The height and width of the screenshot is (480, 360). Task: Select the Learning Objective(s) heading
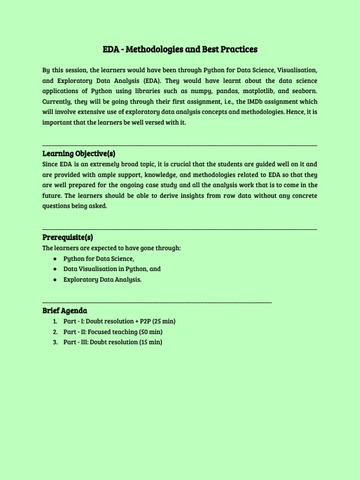79,154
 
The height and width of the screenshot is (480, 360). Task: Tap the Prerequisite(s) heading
71,237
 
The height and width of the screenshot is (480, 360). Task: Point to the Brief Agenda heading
65,311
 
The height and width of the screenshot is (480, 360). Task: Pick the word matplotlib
255,91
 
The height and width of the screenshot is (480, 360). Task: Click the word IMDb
255,102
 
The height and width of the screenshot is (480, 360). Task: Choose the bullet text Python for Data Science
99,259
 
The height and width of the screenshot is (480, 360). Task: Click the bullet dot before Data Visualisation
55,270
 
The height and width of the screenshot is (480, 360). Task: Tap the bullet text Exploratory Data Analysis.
102,280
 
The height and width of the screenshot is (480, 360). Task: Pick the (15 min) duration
150,342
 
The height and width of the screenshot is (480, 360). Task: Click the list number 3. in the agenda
55,342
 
